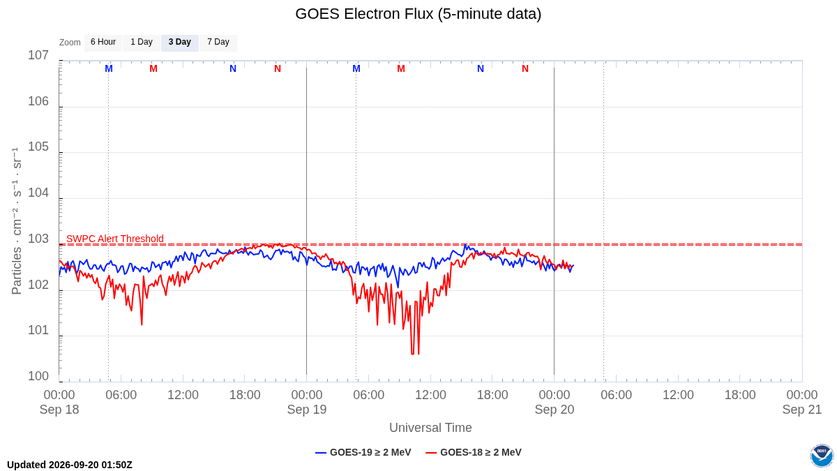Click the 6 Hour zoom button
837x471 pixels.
point(103,43)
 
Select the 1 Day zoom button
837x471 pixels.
point(142,43)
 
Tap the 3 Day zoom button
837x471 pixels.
point(180,43)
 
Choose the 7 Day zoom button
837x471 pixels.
point(218,43)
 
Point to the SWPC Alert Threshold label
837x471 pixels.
point(115,239)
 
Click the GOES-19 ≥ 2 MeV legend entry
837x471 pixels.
point(363,452)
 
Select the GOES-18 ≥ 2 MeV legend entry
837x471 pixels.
point(474,452)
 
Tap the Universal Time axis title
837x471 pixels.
point(430,428)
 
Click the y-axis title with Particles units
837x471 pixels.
point(17,221)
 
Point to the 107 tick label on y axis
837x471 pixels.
point(38,55)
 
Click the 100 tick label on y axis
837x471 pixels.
point(38,376)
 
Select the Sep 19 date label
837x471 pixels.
point(307,410)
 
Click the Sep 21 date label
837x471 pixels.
point(802,410)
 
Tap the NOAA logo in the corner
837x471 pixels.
point(822,456)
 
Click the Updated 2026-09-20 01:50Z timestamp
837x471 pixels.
point(70,465)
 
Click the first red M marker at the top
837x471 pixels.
point(153,69)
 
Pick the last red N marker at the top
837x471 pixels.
point(525,69)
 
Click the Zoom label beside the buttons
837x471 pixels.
point(70,43)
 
